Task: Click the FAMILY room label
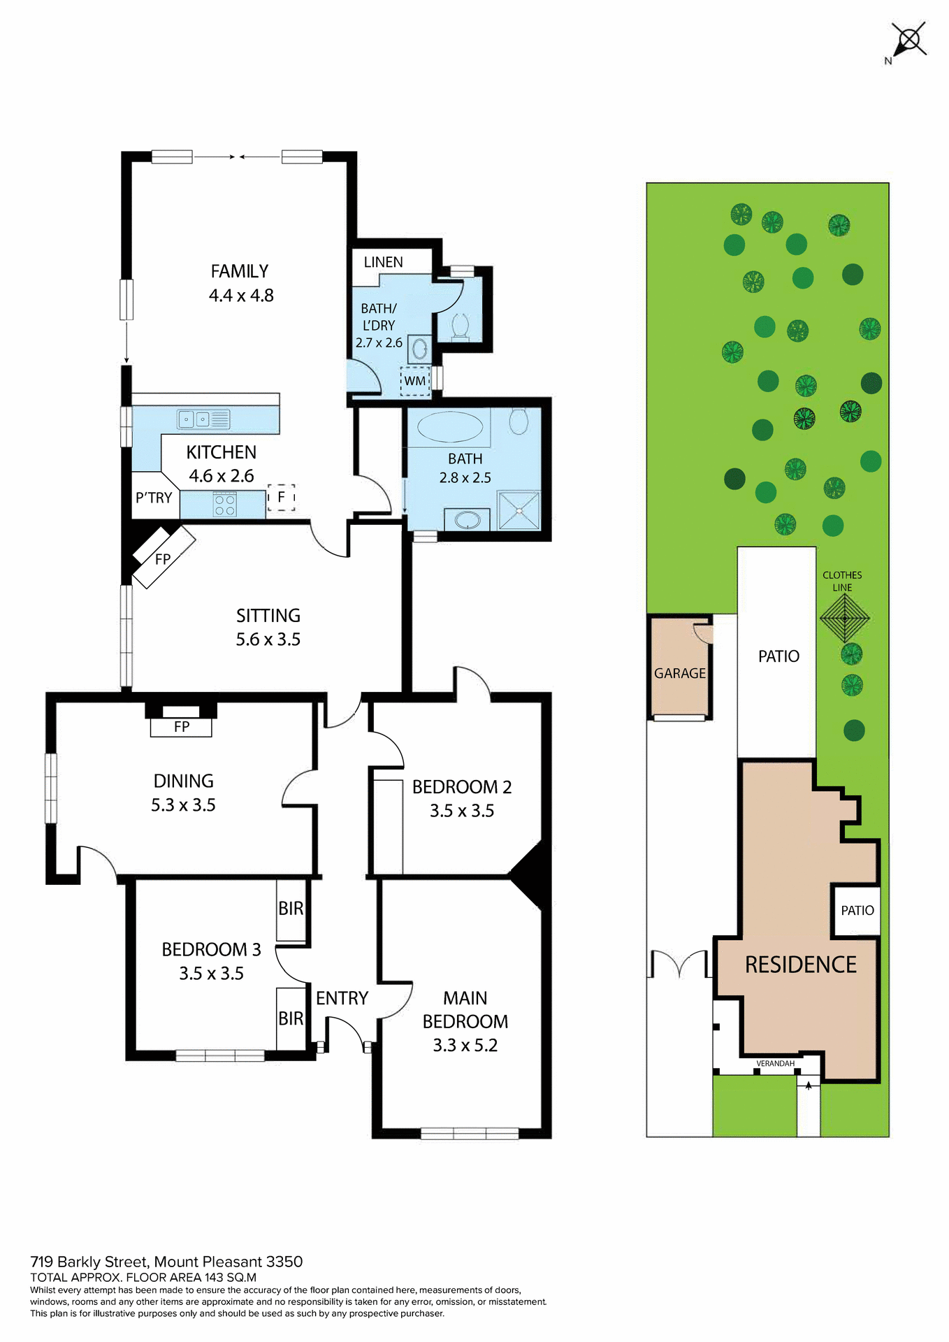click(240, 271)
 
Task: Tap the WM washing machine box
click(415, 381)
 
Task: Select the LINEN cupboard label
click(383, 262)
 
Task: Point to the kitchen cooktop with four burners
click(224, 505)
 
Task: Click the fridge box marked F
click(281, 497)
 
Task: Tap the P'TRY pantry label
click(154, 498)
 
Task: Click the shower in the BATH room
click(519, 510)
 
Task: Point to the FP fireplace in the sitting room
click(163, 558)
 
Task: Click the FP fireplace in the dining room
click(181, 727)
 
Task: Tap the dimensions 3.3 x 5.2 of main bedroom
click(465, 1045)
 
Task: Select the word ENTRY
click(342, 998)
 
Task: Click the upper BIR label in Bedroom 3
click(291, 909)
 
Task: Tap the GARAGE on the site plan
click(679, 673)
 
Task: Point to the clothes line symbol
click(845, 619)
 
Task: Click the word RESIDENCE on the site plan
click(800, 965)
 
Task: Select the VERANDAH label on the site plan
click(775, 1063)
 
